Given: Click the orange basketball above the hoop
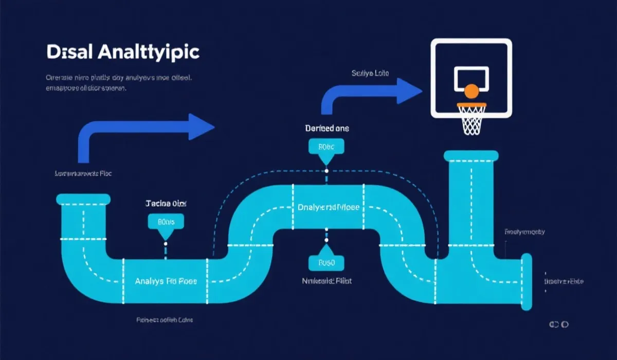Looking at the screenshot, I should tap(471, 92).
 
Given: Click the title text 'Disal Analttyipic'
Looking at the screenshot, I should tap(122, 52).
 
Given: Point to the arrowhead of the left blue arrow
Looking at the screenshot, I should tap(200, 127).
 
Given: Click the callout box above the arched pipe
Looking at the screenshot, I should tap(326, 147).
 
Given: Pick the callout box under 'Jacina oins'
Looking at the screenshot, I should tap(166, 222).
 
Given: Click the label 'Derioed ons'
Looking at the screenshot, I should tap(326, 128).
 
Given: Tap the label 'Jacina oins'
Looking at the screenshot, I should tap(166, 203).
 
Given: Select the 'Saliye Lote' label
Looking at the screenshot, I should tap(370, 74).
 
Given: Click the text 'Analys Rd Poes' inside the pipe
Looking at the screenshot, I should tap(166, 282).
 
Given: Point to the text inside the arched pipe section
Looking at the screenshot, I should tap(328, 208).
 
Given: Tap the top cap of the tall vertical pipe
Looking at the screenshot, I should tap(471, 155).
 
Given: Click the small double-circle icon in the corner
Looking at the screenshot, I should tap(557, 325).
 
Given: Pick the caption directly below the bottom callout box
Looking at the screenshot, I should tap(326, 281).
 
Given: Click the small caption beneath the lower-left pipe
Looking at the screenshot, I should tap(165, 320).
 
